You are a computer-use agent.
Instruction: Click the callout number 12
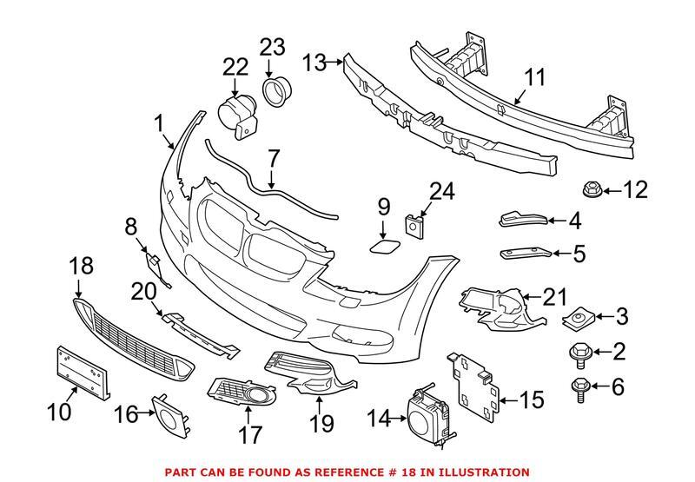[636, 189]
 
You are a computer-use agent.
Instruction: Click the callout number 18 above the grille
[80, 267]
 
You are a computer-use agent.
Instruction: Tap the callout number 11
[535, 79]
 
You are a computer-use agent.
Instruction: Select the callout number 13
[314, 63]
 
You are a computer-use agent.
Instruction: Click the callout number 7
[274, 158]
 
